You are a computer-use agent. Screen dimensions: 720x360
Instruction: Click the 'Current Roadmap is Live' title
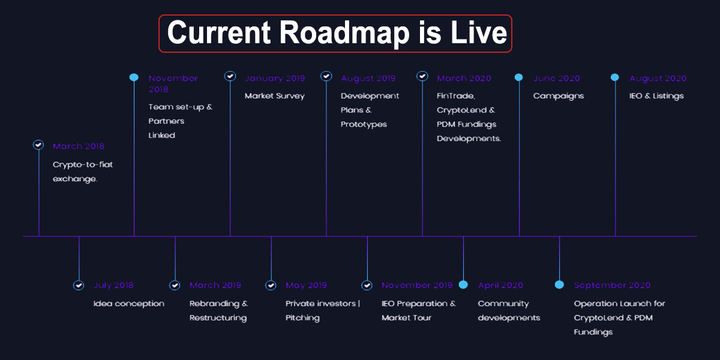click(337, 33)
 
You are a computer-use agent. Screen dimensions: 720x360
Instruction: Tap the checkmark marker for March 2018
click(38, 145)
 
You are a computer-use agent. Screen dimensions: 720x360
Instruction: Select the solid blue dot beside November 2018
click(134, 77)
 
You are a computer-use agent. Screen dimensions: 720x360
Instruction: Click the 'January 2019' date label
click(275, 78)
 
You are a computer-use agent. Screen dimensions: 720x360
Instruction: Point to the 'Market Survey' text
click(275, 96)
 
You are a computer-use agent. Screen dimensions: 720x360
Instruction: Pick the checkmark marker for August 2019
click(326, 76)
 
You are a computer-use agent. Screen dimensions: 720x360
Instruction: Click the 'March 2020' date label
click(464, 78)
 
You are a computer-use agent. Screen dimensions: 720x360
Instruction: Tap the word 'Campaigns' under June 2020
click(559, 96)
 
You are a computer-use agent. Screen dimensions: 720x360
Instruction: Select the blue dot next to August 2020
click(615, 77)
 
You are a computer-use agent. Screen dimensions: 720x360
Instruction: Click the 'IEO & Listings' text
click(656, 96)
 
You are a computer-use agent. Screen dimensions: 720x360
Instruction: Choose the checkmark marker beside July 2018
click(79, 285)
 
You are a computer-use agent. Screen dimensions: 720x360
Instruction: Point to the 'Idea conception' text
click(128, 304)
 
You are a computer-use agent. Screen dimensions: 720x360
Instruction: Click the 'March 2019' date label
click(215, 285)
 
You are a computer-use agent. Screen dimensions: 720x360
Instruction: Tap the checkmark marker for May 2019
click(271, 285)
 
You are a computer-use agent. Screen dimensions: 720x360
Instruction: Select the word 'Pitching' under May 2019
click(302, 318)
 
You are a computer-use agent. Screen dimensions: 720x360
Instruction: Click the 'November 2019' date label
click(417, 285)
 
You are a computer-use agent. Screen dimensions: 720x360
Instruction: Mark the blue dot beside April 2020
click(463, 285)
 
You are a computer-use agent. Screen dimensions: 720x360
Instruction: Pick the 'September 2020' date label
click(613, 285)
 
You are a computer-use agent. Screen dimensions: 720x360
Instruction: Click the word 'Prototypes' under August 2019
click(364, 124)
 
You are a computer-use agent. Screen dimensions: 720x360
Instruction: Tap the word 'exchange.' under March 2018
click(75, 179)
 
